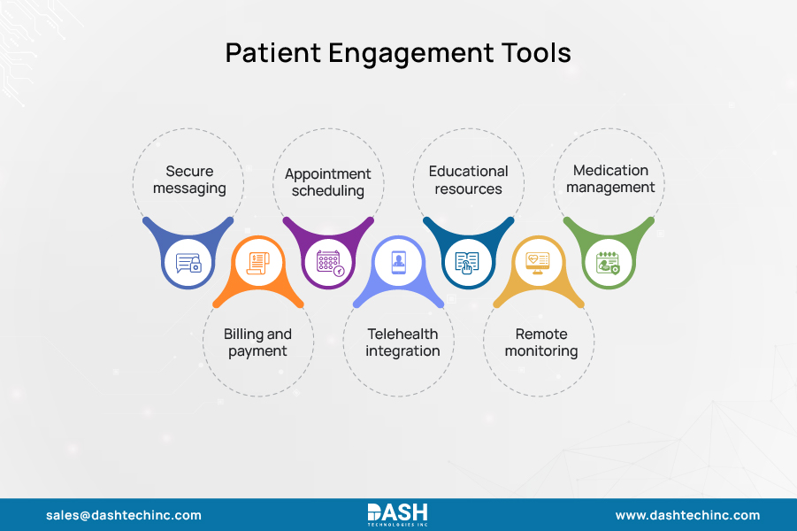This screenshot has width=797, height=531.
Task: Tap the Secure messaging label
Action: pyautogui.click(x=189, y=180)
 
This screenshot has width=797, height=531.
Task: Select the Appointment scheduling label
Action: pyautogui.click(x=328, y=182)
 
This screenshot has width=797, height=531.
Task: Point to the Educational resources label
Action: pyautogui.click(x=468, y=180)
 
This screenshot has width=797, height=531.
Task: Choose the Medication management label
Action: pyautogui.click(x=610, y=179)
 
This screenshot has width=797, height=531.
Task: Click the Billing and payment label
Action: pyautogui.click(x=257, y=342)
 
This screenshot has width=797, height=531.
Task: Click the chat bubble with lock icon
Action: pyautogui.click(x=188, y=263)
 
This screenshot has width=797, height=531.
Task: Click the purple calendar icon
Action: pyautogui.click(x=329, y=262)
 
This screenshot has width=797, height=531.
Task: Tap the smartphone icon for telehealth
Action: pyautogui.click(x=398, y=262)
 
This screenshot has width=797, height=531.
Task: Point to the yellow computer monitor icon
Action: pyautogui.click(x=538, y=262)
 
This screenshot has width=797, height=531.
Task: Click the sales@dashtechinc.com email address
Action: pyautogui.click(x=124, y=515)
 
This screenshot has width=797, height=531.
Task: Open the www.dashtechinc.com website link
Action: pyautogui.click(x=687, y=515)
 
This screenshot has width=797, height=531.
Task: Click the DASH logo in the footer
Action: pyautogui.click(x=397, y=514)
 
